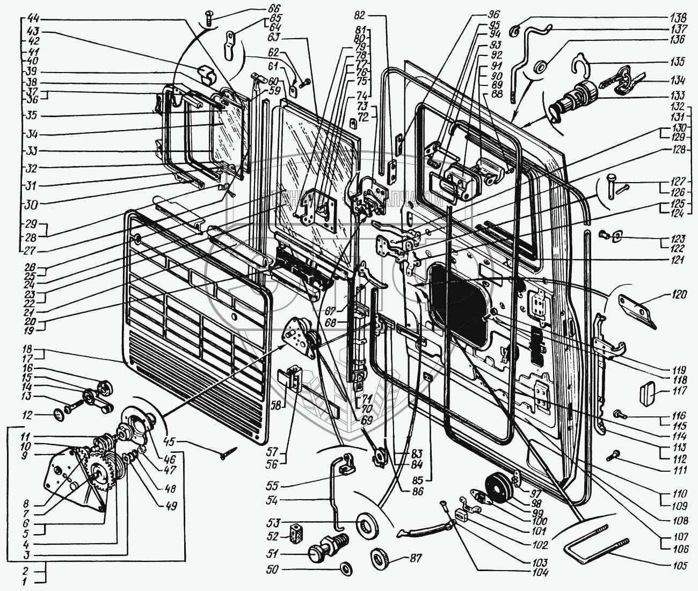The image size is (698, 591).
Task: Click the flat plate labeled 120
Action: (x=639, y=309)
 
